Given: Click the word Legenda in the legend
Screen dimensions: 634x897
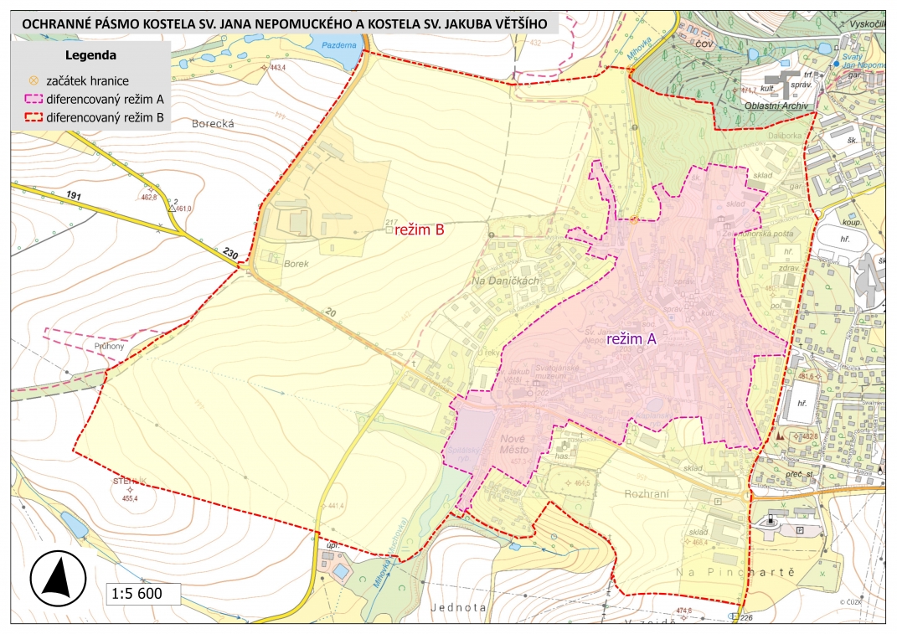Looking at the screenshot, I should [90, 55].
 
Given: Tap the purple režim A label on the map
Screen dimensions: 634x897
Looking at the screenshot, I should [621, 339].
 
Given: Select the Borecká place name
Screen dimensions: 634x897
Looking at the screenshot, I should [211, 123].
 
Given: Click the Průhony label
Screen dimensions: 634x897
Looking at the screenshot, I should [109, 346].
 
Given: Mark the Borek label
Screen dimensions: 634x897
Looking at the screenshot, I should [296, 263].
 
